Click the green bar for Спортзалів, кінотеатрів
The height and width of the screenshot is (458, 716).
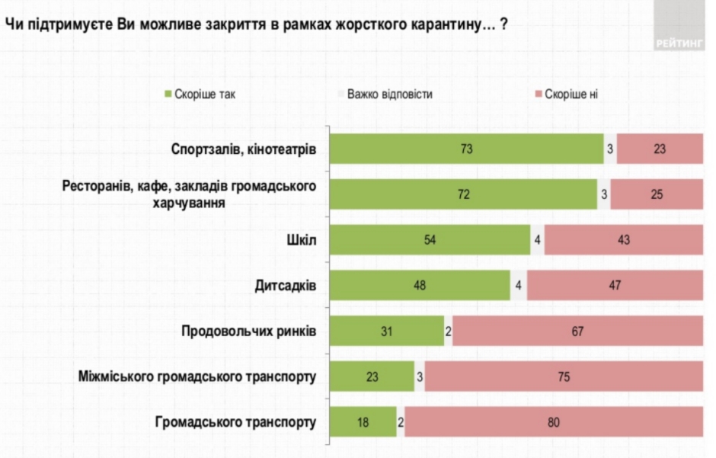[466, 149]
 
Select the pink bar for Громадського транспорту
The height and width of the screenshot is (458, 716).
[554, 421]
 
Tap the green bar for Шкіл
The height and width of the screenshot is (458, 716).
[429, 240]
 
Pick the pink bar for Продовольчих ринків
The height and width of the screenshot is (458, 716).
[577, 331]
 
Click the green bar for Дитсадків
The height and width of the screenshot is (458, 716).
[419, 286]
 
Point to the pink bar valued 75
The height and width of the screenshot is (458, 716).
[564, 376]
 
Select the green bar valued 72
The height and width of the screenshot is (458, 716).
[463, 194]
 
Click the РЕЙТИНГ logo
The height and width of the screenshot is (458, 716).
[679, 43]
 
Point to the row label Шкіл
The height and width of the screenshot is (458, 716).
[302, 241]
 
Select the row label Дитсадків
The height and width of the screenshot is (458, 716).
[286, 287]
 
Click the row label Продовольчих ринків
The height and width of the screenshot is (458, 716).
[249, 331]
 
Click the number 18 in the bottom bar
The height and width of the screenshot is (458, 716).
[363, 421]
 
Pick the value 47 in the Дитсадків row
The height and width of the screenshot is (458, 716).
[615, 286]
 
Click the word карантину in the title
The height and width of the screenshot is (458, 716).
[446, 24]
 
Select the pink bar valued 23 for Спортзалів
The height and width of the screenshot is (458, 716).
[660, 149]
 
